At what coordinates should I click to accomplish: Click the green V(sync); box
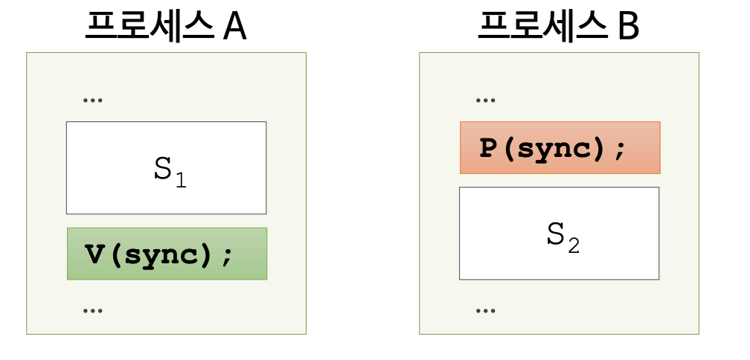(167, 254)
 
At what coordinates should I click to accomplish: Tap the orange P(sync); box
(560, 147)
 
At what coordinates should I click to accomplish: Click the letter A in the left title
(234, 28)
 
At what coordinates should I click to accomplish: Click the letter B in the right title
(628, 28)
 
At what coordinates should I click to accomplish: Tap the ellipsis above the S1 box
(93, 100)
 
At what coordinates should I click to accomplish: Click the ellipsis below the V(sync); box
(93, 311)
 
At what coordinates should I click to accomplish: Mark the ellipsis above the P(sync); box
(485, 100)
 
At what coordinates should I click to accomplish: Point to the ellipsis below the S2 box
(485, 311)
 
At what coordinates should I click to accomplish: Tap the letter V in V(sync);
(94, 254)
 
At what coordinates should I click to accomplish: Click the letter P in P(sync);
(487, 148)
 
